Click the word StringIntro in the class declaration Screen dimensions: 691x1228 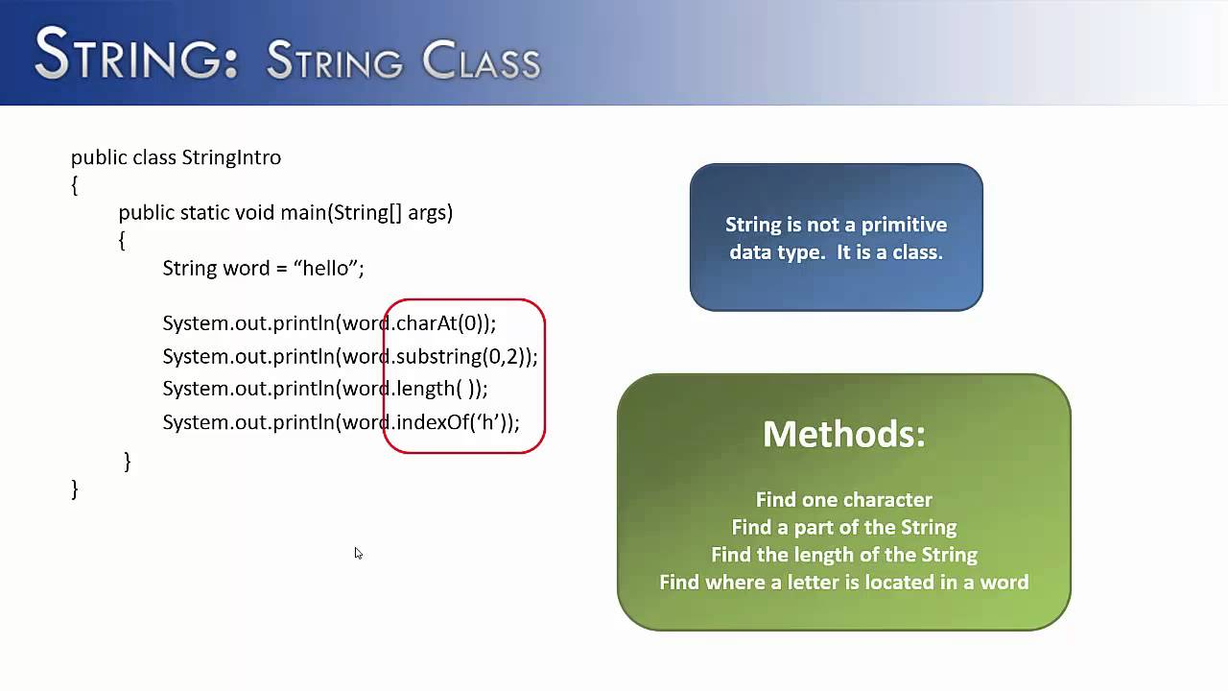[x=230, y=157]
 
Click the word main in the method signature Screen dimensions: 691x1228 [x=303, y=213]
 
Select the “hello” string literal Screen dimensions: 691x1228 [x=325, y=269]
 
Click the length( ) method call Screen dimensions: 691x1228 [x=437, y=389]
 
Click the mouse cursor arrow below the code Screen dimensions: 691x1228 [x=358, y=553]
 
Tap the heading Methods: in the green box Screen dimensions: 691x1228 [x=843, y=434]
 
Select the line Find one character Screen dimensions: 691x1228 [x=843, y=500]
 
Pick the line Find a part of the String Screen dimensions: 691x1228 [x=843, y=527]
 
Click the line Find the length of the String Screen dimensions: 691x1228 [x=843, y=555]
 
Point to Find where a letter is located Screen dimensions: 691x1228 [x=843, y=583]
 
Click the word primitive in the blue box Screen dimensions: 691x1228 [x=902, y=225]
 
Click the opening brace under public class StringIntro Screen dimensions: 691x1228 [x=75, y=185]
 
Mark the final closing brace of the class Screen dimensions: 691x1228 [x=75, y=489]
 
